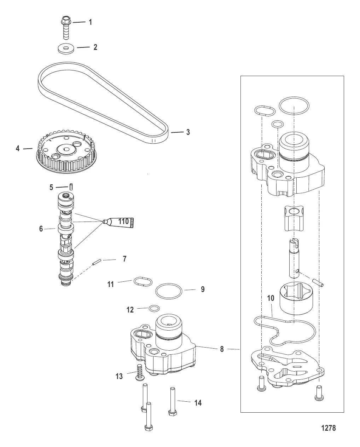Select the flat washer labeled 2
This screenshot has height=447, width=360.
[66, 49]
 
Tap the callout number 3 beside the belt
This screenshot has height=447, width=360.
[188, 132]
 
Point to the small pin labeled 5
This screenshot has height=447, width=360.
[71, 187]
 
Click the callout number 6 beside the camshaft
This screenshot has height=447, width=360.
[41, 229]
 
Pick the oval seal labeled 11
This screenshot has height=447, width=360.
[143, 282]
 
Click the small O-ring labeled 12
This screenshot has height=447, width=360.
[154, 309]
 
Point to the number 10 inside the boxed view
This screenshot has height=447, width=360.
[271, 298]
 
